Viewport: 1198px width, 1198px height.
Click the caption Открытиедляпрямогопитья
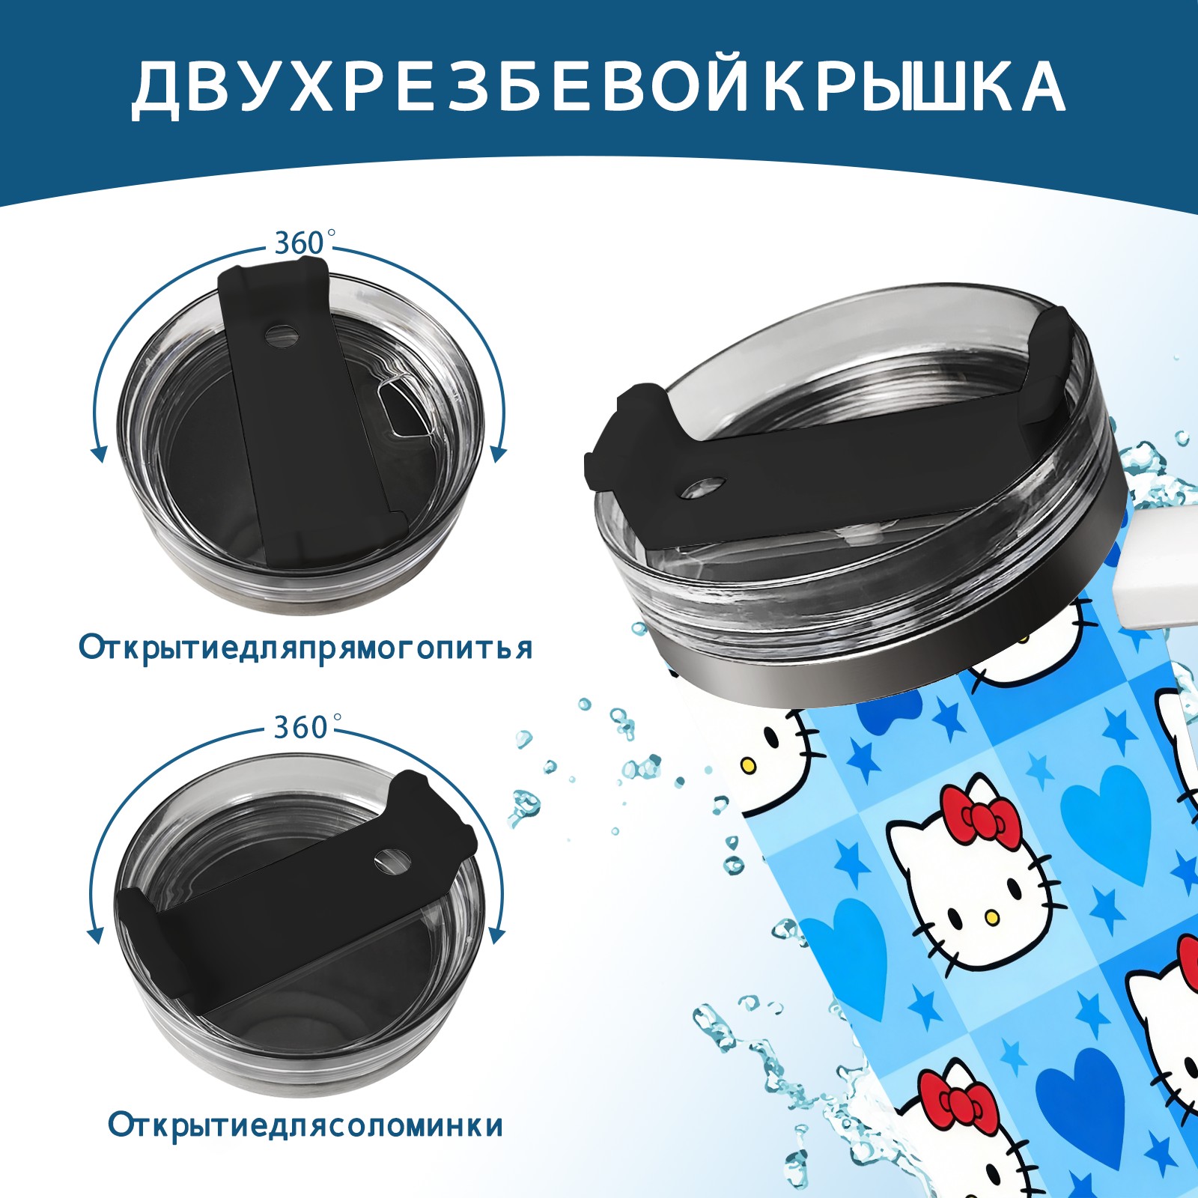(x=305, y=648)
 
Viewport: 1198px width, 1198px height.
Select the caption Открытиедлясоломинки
(x=305, y=1125)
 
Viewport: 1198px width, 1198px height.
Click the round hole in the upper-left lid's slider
(x=282, y=335)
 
